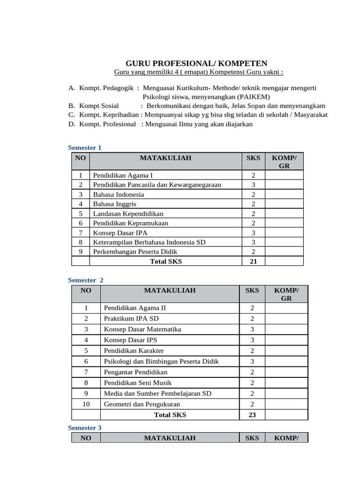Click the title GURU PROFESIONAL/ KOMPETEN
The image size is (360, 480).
[x=196, y=63]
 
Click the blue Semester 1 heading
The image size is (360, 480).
[x=84, y=148]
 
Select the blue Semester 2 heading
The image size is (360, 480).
[x=85, y=280]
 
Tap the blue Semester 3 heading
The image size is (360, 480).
[x=84, y=427]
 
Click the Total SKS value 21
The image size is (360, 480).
[x=253, y=262]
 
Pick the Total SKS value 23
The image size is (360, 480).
[x=252, y=415]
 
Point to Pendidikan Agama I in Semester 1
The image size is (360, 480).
[x=120, y=175]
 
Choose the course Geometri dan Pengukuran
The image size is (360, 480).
[x=142, y=404]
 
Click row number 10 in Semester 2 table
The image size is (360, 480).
[x=86, y=404]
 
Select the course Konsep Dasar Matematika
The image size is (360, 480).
[x=142, y=329]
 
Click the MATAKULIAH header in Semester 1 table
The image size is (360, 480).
[x=165, y=158]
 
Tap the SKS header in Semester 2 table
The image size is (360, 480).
[x=252, y=291]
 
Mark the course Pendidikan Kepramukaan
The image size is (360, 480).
[x=130, y=223]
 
